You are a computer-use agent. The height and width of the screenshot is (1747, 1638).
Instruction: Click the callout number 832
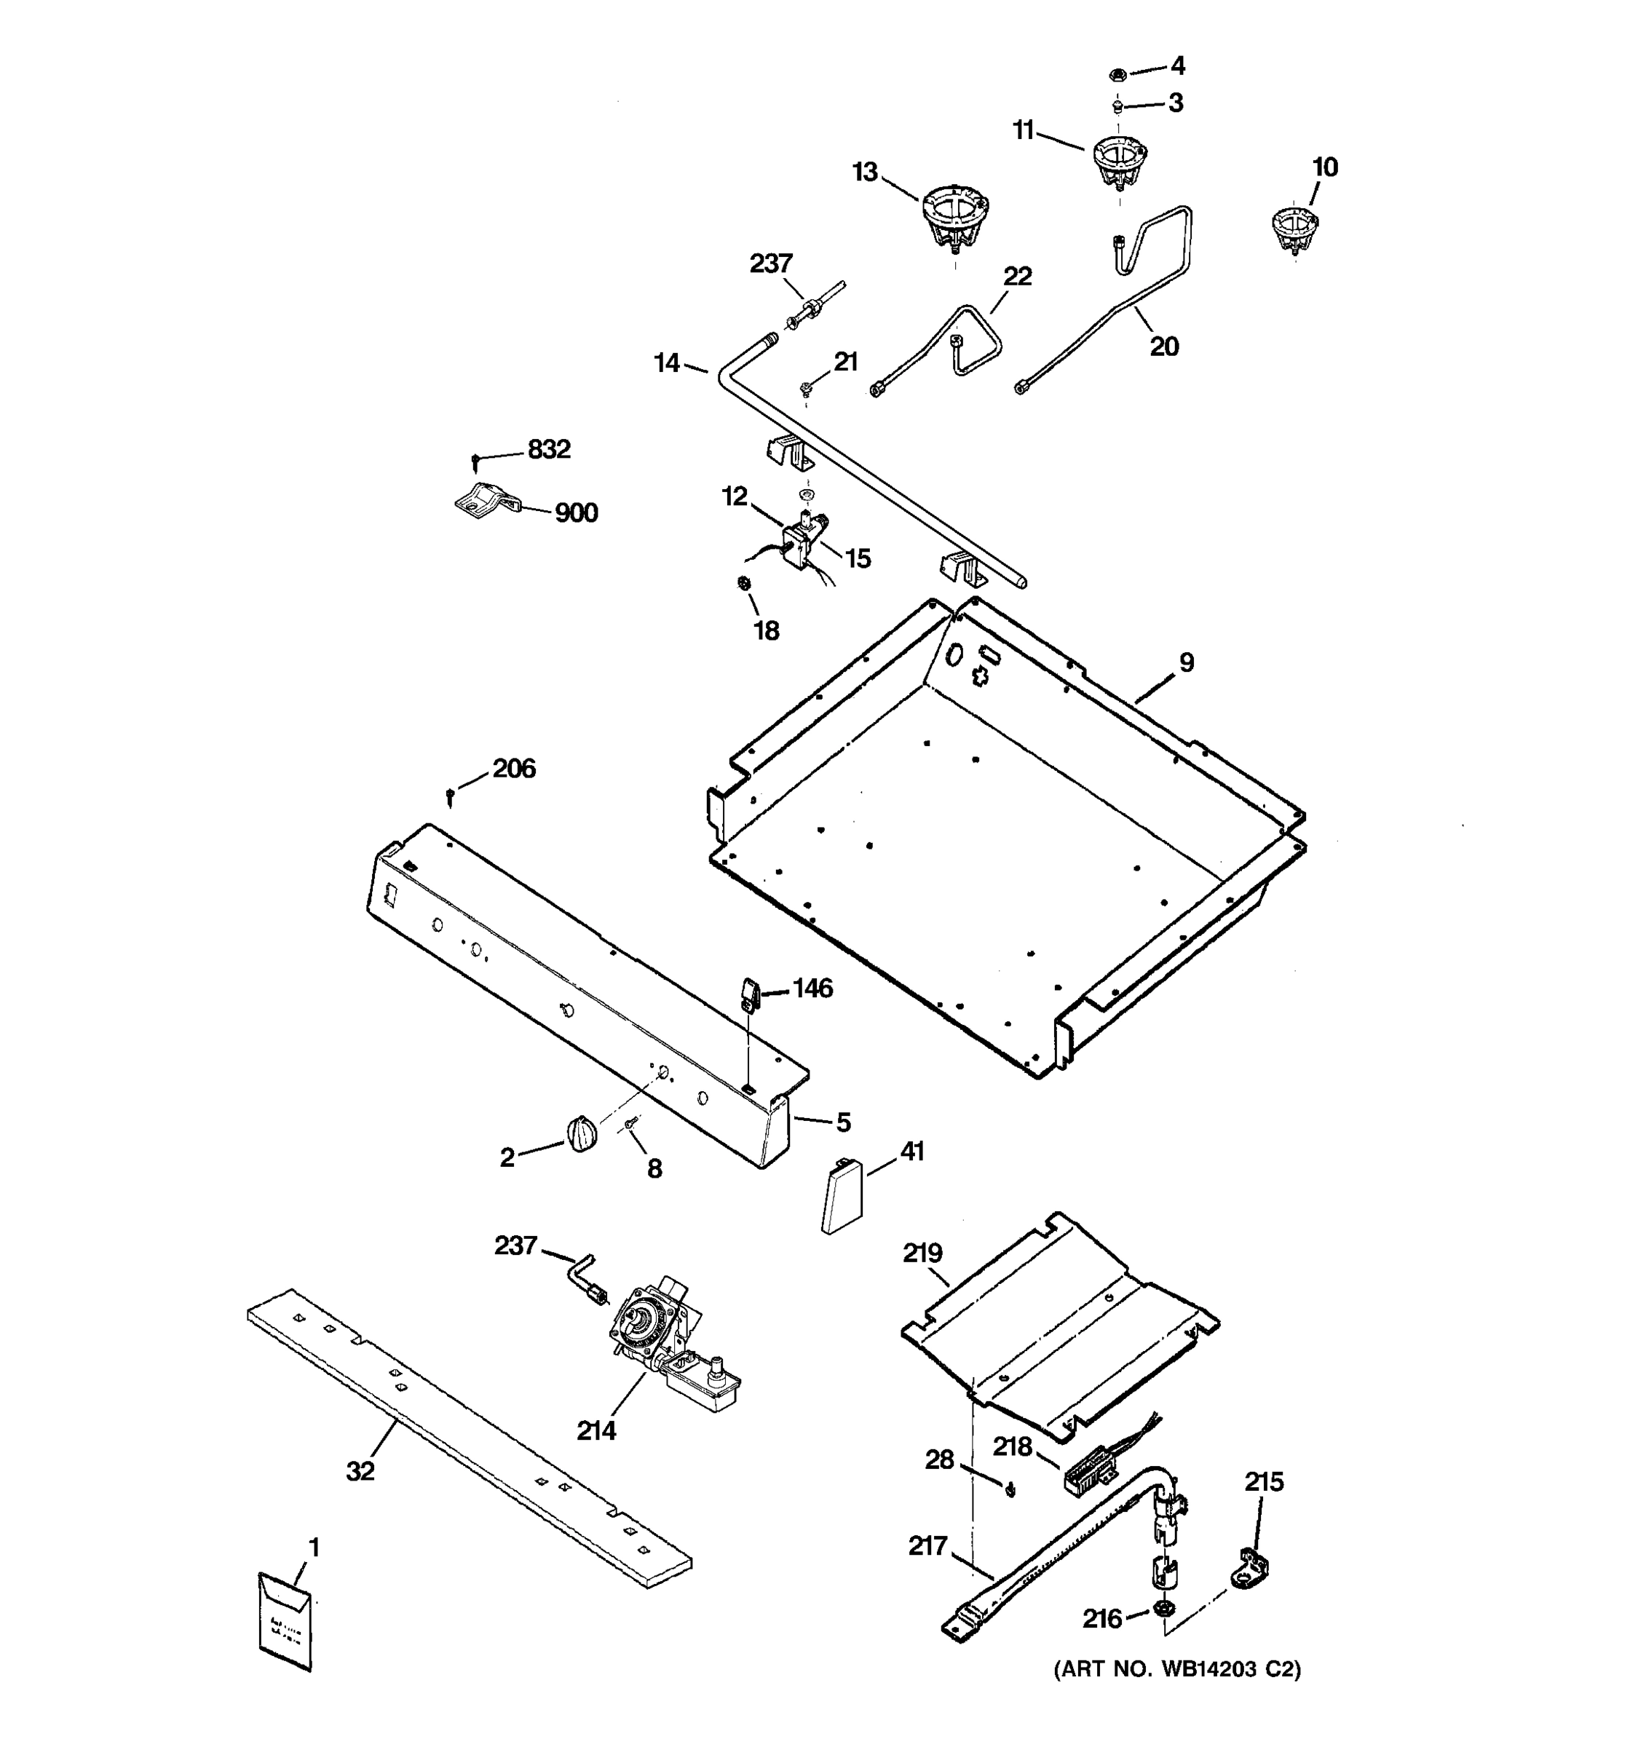click(548, 450)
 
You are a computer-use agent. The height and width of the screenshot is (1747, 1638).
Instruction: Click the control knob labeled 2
click(581, 1133)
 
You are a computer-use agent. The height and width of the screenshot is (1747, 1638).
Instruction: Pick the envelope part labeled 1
click(285, 1620)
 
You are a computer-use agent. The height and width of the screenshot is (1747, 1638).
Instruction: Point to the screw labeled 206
click(451, 796)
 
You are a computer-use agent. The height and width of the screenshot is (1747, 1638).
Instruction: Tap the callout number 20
click(1163, 347)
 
